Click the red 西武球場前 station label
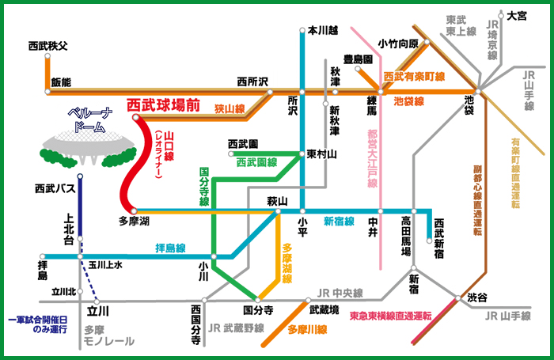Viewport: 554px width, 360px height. (x=163, y=105)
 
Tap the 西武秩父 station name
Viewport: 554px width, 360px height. (x=47, y=46)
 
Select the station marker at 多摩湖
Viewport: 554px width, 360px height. (x=134, y=211)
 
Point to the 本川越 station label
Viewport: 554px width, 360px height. (x=323, y=30)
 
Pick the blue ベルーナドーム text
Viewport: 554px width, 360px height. (x=90, y=120)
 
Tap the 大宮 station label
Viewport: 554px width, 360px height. (x=517, y=16)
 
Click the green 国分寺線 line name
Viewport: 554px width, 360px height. (x=204, y=187)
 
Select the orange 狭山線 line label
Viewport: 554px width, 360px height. (x=230, y=109)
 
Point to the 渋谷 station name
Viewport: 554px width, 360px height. (x=477, y=297)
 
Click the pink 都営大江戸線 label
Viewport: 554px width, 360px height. (x=373, y=158)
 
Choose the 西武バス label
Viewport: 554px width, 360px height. (x=55, y=188)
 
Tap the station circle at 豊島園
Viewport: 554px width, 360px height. (x=358, y=69)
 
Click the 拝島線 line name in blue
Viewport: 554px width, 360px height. (x=170, y=248)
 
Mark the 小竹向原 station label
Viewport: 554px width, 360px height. (x=398, y=44)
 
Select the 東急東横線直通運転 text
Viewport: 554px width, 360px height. (x=390, y=316)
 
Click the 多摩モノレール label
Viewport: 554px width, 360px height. (x=109, y=335)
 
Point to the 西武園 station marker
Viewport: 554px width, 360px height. (x=231, y=153)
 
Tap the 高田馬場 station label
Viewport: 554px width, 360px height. (x=406, y=236)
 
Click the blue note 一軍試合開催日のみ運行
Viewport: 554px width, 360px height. (x=38, y=324)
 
